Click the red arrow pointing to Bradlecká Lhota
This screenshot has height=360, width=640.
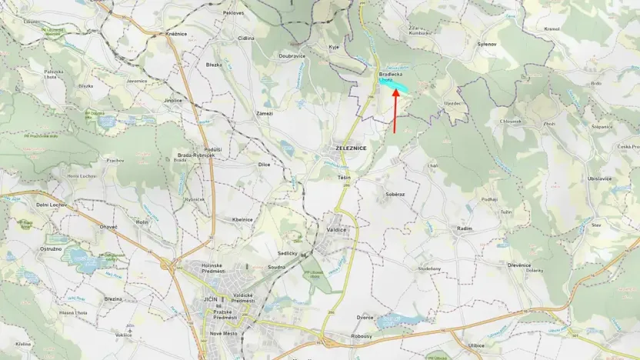point(395,111)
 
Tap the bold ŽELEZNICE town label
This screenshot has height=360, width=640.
point(352,147)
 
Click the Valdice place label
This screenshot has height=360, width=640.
point(336,229)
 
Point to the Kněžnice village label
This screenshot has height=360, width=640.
point(177,35)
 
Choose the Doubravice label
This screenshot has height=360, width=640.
point(292,56)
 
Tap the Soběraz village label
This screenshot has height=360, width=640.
point(395,194)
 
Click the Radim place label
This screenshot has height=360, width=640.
point(464,228)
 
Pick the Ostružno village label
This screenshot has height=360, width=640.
point(51,249)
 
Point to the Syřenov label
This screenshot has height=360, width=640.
point(488,45)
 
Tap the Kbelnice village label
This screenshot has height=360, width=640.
point(242,219)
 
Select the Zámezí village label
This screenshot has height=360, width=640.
point(265,113)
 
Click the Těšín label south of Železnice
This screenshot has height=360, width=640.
point(344,178)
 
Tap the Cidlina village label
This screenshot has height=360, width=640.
point(246,38)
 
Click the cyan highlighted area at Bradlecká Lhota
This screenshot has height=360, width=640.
point(395,82)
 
